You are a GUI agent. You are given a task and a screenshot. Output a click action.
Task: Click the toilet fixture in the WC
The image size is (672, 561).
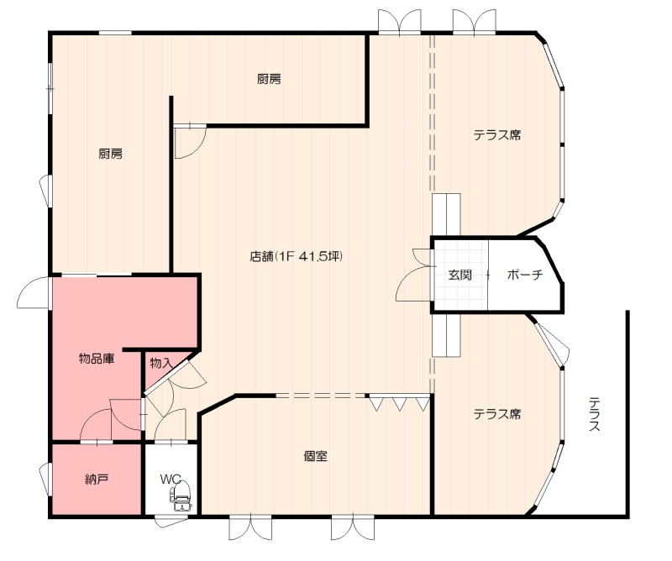tap(181, 495)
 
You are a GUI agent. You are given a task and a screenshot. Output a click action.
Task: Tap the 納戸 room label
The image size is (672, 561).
tap(97, 480)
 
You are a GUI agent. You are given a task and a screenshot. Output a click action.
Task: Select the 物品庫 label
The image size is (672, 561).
tap(97, 359)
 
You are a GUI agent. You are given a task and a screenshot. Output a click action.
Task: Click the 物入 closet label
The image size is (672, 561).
tap(161, 364)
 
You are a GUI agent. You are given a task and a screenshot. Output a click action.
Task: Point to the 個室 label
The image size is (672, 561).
tap(316, 456)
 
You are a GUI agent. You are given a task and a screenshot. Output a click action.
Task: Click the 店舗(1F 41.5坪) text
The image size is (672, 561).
tap(297, 256)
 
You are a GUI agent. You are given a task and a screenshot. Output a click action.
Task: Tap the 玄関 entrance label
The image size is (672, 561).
tap(459, 275)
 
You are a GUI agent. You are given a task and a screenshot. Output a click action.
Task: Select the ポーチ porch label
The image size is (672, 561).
tap(525, 275)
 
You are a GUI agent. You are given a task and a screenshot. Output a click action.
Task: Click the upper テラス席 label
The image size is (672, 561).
tap(497, 135)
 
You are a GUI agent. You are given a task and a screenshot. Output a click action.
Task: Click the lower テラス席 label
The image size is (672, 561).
tap(497, 414)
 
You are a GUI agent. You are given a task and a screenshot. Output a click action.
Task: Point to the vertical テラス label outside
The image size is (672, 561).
tap(594, 414)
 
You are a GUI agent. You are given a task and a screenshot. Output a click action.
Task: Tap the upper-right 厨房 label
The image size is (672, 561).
tap(269, 79)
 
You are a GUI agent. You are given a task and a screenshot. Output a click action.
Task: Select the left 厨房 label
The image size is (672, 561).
tap(111, 154)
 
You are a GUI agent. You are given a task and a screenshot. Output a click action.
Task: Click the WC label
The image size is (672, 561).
tap(171, 480)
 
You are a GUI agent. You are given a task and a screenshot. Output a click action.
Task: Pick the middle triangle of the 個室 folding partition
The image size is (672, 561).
tap(400, 404)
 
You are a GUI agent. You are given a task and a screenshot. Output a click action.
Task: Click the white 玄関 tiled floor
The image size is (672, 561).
tap(460, 275)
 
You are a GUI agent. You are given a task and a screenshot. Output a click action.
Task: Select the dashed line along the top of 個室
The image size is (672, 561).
tap(322, 396)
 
